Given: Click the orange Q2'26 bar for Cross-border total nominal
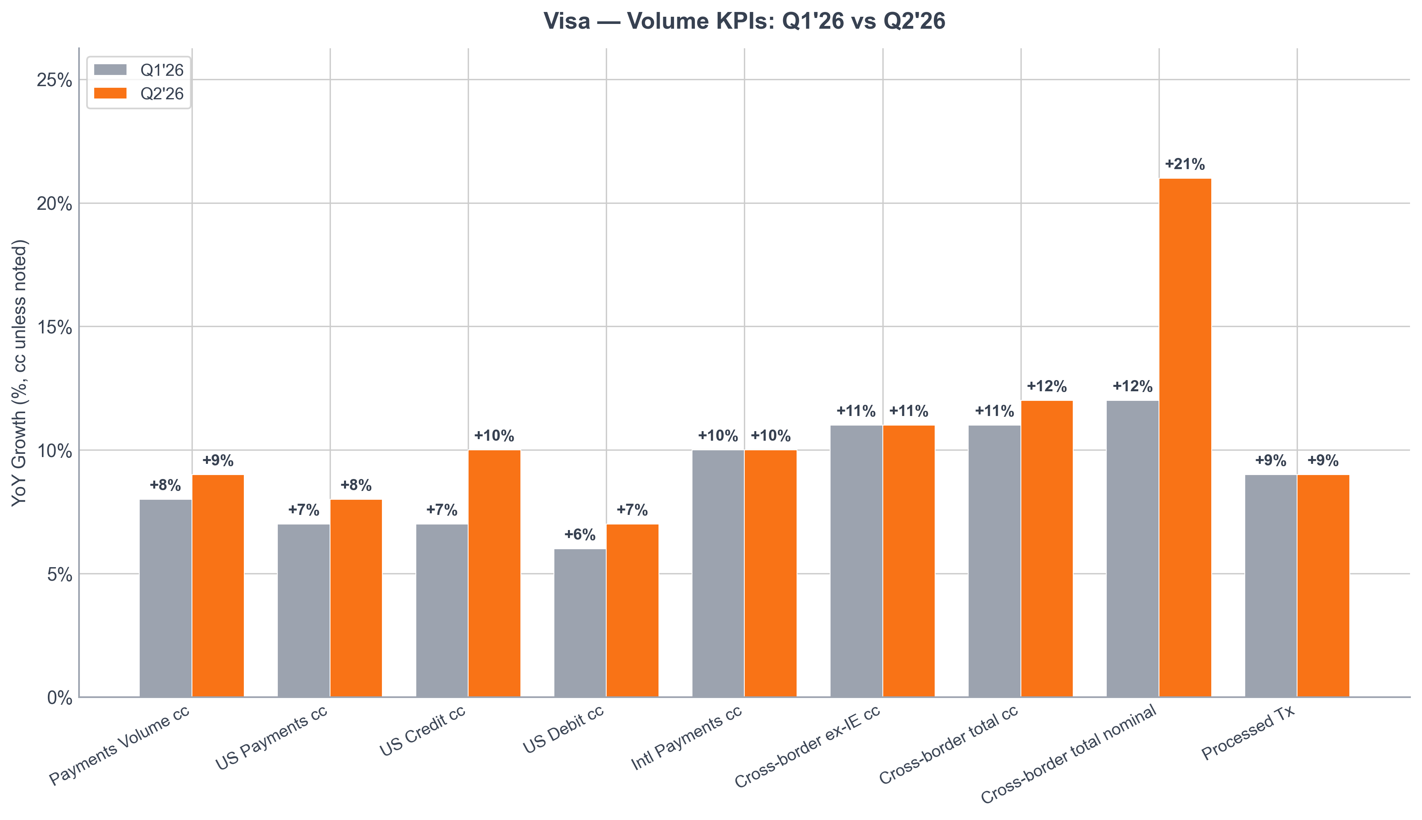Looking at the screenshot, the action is (x=1185, y=438).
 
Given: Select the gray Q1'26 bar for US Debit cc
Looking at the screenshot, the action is (x=580, y=623).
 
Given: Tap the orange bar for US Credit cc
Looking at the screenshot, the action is (x=494, y=574).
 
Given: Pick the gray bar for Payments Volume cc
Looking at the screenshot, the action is (x=166, y=598).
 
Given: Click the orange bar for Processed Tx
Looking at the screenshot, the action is (x=1323, y=586).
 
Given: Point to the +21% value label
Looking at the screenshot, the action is (x=1185, y=164).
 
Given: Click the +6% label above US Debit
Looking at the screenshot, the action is (x=580, y=535).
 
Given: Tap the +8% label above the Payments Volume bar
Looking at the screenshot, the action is (x=165, y=485).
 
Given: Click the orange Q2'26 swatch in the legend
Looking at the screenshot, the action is (x=111, y=93).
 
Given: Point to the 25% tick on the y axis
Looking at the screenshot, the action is (x=55, y=81).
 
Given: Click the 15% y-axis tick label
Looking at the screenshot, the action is (x=55, y=327).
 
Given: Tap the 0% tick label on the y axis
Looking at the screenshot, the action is (x=60, y=698).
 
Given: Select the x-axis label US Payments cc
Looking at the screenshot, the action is (x=271, y=738).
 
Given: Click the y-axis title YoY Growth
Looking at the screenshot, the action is (x=19, y=373).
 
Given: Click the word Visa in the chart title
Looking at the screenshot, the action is (x=567, y=22).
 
